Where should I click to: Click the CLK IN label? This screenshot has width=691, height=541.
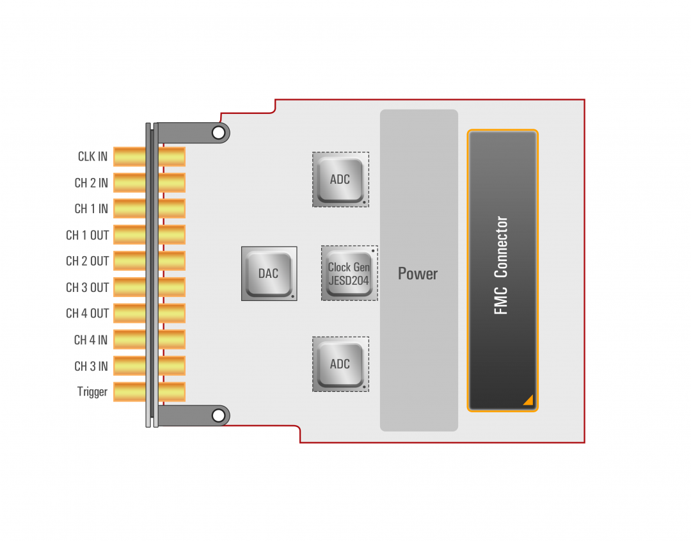tap(93, 157)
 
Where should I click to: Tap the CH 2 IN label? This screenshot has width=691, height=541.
tap(91, 183)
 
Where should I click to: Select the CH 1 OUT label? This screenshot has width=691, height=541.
tap(87, 235)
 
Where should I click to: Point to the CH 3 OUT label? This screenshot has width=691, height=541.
tap(87, 287)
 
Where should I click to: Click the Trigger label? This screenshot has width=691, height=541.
tap(92, 392)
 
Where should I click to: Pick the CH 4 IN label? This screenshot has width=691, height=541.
tap(91, 340)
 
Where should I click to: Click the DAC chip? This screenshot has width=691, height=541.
tap(269, 273)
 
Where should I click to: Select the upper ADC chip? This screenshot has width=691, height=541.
tap(340, 179)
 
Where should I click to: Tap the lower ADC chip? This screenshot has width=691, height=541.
tap(340, 364)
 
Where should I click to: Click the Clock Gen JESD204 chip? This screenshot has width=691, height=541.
tap(349, 273)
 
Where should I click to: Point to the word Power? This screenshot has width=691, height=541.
tap(418, 274)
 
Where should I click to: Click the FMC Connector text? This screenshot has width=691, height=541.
tap(502, 265)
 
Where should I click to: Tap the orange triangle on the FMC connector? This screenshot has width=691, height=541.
tap(528, 400)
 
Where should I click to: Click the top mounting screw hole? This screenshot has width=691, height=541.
tap(219, 133)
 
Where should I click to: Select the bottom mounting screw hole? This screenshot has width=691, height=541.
tap(219, 416)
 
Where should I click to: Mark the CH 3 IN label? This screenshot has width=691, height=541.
tap(91, 366)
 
